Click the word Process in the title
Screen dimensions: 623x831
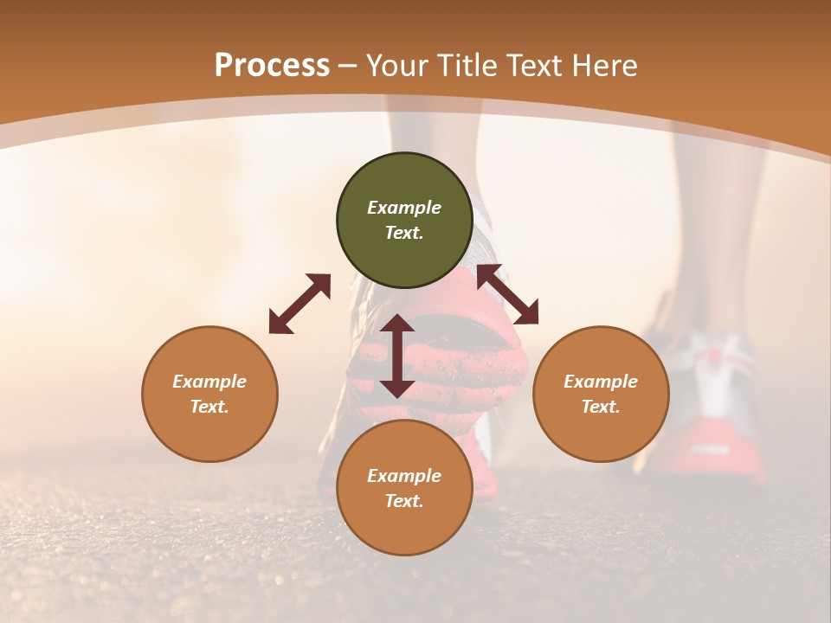pyautogui.click(x=272, y=66)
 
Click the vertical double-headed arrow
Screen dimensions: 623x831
pyautogui.click(x=397, y=356)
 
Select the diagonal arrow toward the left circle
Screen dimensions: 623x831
pyautogui.click(x=300, y=304)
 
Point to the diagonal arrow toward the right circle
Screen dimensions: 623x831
pyautogui.click(x=508, y=294)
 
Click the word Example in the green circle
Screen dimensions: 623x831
pyautogui.click(x=404, y=208)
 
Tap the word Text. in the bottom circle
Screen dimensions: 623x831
pyautogui.click(x=404, y=501)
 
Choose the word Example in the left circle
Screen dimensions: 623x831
pyautogui.click(x=209, y=382)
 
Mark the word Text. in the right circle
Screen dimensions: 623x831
pyautogui.click(x=601, y=407)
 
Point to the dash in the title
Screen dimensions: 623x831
pyautogui.click(x=348, y=66)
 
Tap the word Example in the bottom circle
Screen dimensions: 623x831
pyautogui.click(x=404, y=476)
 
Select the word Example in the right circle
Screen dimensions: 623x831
pyautogui.click(x=601, y=382)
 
